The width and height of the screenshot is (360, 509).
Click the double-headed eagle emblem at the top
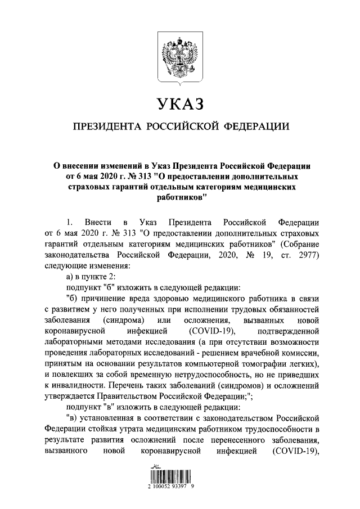point(180,56)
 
